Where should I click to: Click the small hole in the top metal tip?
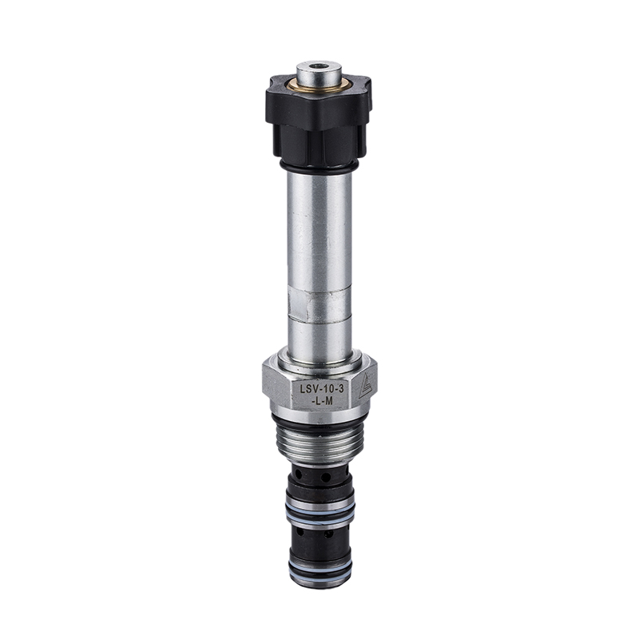pyautogui.click(x=318, y=65)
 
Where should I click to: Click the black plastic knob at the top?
pyautogui.click(x=318, y=122)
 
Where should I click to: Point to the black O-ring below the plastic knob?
pyautogui.click(x=318, y=167)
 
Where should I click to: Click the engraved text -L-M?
pyautogui.click(x=322, y=402)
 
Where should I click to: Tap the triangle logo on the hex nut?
pyautogui.click(x=366, y=386)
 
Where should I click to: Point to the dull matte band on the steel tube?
pyautogui.click(x=319, y=305)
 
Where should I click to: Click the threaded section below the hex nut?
pyautogui.click(x=319, y=443)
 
